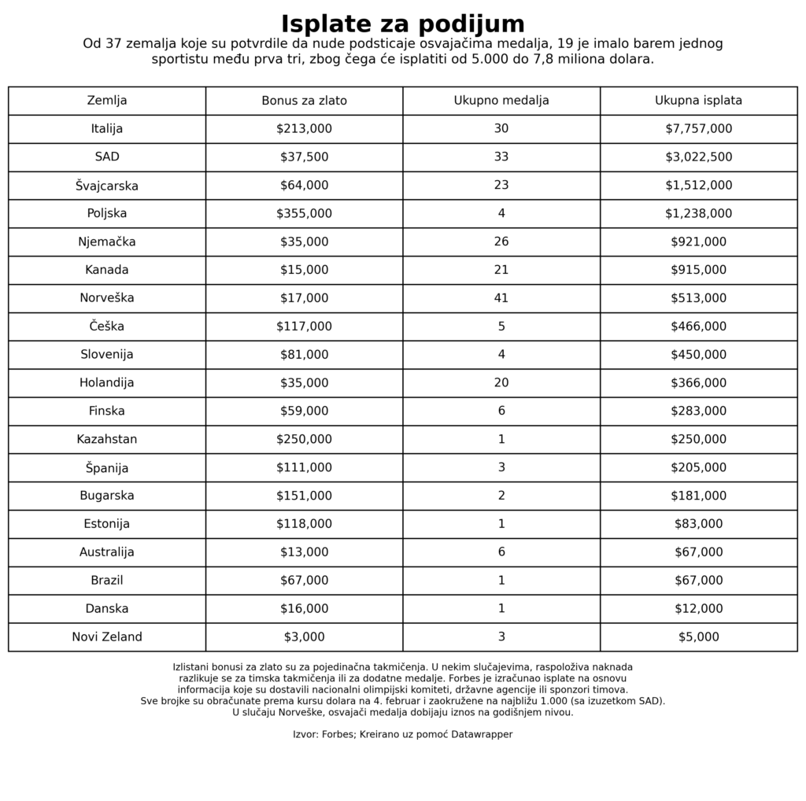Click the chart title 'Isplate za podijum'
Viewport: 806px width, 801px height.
coord(402,24)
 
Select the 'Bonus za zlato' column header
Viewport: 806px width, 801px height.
coord(304,101)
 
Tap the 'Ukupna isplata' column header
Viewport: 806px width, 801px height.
coord(698,101)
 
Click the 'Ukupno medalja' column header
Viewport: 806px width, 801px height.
coord(501,101)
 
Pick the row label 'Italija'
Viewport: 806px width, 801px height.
coord(107,129)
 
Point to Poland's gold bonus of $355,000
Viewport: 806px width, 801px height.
coord(304,213)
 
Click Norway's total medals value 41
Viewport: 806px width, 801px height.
coord(501,298)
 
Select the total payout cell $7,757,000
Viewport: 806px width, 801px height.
coord(698,129)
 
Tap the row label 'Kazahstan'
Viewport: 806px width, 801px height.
coord(107,439)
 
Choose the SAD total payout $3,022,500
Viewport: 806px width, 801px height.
coord(698,157)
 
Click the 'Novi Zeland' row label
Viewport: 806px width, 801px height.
coord(107,637)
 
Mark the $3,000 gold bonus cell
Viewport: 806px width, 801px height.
coord(304,637)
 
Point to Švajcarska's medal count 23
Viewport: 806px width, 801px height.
coord(501,186)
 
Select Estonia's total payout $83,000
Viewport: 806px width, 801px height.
coord(698,524)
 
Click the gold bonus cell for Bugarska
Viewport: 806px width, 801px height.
coord(304,496)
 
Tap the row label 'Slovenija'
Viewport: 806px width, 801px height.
coord(107,355)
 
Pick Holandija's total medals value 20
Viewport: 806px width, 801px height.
coord(501,383)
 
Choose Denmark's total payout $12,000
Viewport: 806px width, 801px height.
coord(698,609)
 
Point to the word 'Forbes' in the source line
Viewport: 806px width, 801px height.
coord(338,735)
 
